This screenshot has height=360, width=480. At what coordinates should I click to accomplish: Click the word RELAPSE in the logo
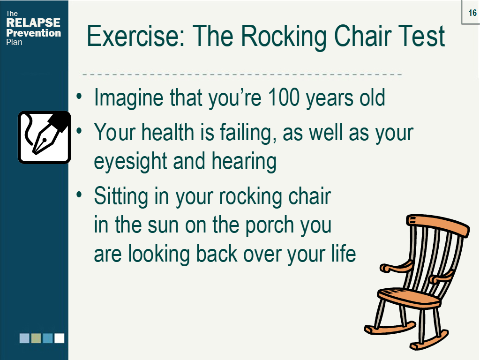[33, 23]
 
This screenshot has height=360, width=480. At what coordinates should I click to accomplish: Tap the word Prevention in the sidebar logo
[33, 33]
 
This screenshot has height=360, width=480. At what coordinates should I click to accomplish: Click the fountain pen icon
[44, 137]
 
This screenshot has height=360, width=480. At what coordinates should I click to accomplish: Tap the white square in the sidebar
[59, 338]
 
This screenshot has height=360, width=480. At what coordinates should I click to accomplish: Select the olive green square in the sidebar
[36, 338]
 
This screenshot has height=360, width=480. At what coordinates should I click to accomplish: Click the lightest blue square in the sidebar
[24, 338]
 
